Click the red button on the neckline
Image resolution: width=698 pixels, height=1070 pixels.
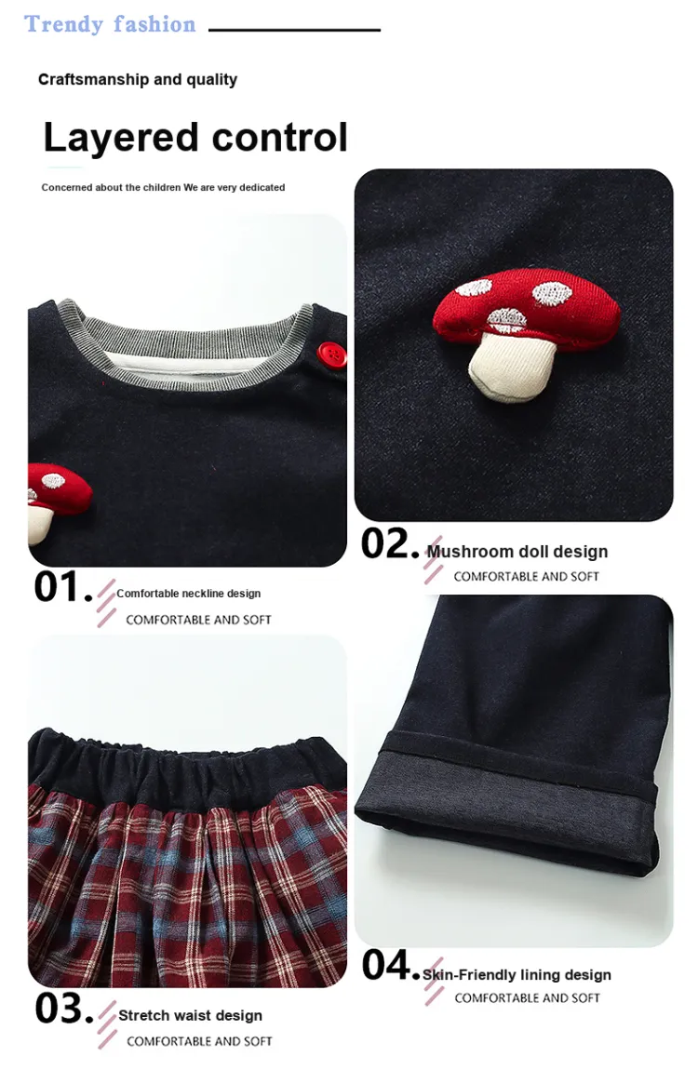pos(331,354)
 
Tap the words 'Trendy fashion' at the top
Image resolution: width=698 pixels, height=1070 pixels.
pos(110,24)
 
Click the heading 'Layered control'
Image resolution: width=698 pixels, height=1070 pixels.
pos(195,138)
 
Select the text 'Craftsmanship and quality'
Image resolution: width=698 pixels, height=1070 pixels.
pos(138,79)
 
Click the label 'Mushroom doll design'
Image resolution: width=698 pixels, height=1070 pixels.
pos(517,552)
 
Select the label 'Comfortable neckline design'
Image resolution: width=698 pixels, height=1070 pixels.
pos(188,594)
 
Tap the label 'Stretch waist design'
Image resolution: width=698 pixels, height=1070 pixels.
pos(191,1015)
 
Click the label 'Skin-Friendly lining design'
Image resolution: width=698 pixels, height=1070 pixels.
pos(517,975)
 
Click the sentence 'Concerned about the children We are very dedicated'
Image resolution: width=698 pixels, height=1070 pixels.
pos(163,187)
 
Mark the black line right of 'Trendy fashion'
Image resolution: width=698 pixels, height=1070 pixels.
pos(295,30)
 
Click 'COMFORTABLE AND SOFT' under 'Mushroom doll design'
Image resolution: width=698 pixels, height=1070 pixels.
pos(526,577)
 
